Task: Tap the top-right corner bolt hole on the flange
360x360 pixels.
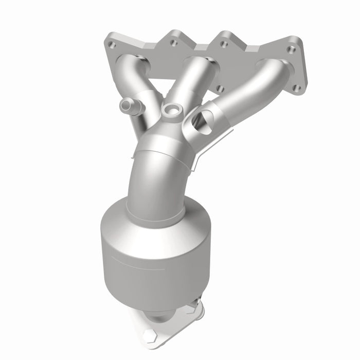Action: coord(292,49)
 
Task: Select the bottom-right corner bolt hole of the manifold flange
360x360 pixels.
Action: coord(296,88)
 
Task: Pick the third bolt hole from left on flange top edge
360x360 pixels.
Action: coord(224,44)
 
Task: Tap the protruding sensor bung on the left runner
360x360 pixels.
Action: coord(128,106)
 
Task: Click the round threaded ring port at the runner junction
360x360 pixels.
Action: coord(170,110)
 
